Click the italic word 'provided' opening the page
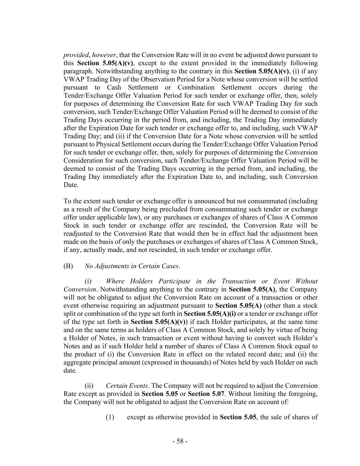click(x=75, y=55)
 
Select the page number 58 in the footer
click(x=180, y=441)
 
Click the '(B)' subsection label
click(x=68, y=266)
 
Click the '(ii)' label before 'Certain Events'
click(x=89, y=385)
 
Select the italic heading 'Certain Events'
click(x=127, y=385)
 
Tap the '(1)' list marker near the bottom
click(x=110, y=417)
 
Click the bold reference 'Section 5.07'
click(x=206, y=394)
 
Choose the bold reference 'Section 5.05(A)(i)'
click(x=210, y=313)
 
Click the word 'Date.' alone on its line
click(x=71, y=185)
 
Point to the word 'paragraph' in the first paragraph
click(x=78, y=71)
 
